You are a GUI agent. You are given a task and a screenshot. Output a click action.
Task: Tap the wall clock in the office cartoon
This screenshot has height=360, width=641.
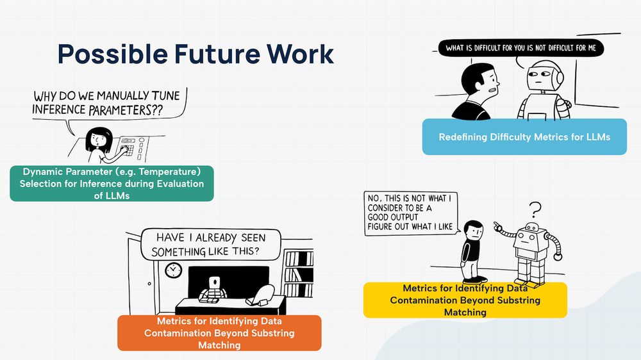(x=173, y=270)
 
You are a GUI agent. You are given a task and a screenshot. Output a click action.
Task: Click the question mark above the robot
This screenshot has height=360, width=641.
(x=535, y=209)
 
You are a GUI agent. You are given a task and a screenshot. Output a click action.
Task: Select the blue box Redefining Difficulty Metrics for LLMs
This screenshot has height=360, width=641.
(x=524, y=137)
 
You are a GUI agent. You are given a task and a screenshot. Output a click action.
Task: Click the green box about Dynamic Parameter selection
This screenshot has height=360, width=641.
(x=112, y=184)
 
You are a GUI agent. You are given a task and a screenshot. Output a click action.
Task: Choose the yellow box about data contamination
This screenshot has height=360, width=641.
(x=465, y=300)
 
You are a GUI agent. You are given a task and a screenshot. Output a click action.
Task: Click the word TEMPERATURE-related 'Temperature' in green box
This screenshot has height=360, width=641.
(x=171, y=172)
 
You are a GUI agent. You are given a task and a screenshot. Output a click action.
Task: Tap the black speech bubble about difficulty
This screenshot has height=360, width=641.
(x=520, y=48)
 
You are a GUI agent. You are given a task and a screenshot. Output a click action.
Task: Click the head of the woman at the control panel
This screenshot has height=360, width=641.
(x=100, y=138)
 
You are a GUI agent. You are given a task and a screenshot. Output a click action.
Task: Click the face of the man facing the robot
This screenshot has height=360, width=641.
(x=488, y=81)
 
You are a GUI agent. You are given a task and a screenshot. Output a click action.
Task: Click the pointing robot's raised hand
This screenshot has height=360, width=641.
(x=497, y=225)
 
